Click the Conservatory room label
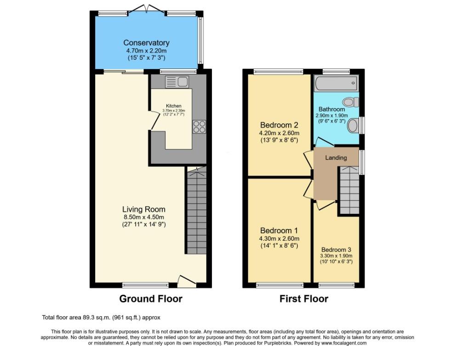tap(146, 43)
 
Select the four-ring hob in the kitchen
tap(199, 126)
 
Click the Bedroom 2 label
tap(279, 125)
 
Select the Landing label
tap(336, 158)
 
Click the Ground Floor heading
tap(151, 299)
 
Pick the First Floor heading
tap(304, 299)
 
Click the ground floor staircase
tap(196, 211)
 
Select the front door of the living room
tap(187, 280)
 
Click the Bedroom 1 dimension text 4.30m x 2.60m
tap(279, 239)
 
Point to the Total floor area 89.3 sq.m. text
tap(101, 317)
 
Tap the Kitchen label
tap(174, 106)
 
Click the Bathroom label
tap(332, 109)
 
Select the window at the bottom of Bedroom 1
tap(279, 285)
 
